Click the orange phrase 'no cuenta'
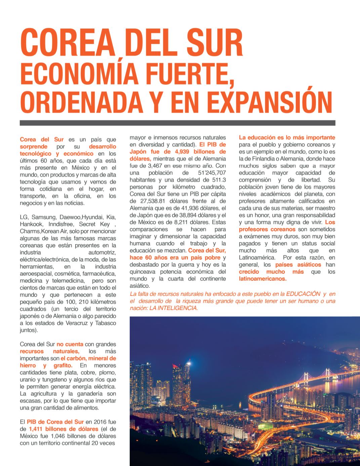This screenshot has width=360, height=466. point(69,344)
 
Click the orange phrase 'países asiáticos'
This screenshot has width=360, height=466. point(296,265)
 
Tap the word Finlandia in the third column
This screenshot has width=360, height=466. point(264,159)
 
